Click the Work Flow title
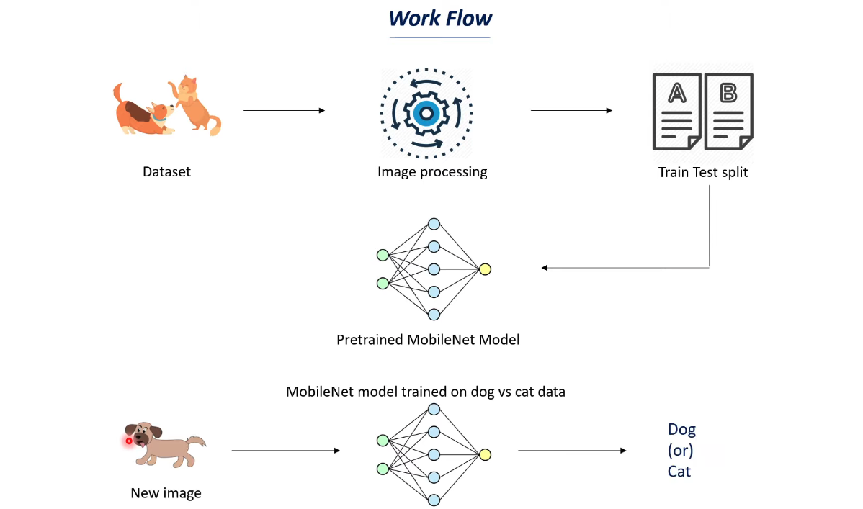[x=440, y=18]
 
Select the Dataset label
[x=166, y=172]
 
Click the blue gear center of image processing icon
[x=426, y=113]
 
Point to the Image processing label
[x=432, y=172]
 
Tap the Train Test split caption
[x=703, y=173]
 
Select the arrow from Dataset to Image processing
[x=284, y=110]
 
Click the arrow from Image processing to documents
[x=571, y=110]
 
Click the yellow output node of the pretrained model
[x=485, y=269]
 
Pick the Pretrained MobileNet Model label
[x=428, y=339]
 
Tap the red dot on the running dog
[x=129, y=441]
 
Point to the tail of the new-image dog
[x=197, y=441]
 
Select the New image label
[x=166, y=493]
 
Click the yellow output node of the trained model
[x=485, y=454]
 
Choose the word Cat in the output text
[x=679, y=472]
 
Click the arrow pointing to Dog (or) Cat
[x=572, y=451]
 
